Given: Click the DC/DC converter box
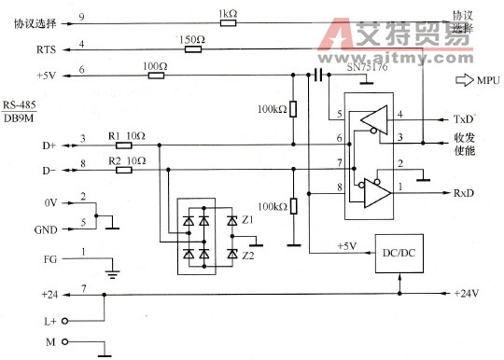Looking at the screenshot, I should pos(399,253).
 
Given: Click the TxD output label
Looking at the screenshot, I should pos(463,121).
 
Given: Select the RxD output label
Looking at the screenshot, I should pos(464,193).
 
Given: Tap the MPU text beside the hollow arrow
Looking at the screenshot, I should pos(489,80).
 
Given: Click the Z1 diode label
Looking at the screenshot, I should pos(247,220).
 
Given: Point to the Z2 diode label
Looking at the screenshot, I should pos(247,254).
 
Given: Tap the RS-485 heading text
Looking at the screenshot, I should pos(20,104).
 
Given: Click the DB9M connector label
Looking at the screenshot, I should pos(19,118).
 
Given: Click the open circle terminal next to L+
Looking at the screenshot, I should pos(65,321).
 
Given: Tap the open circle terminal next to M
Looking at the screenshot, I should pos(65,342).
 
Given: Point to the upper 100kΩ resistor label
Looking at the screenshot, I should pos(272,110).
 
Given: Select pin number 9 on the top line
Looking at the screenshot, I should pos(83,17).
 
